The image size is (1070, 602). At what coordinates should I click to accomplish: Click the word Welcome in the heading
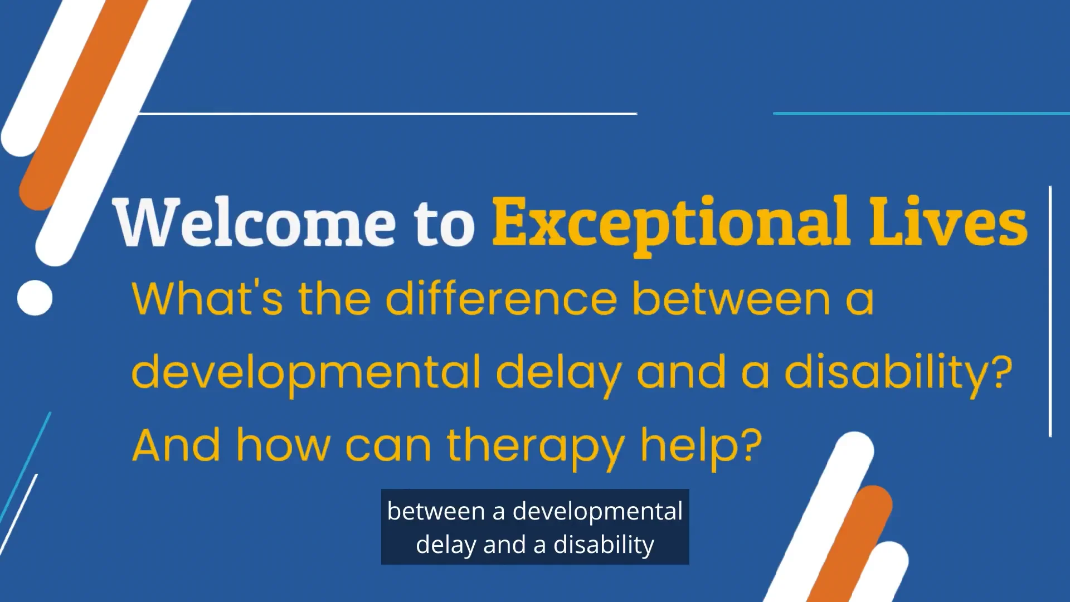tap(254, 222)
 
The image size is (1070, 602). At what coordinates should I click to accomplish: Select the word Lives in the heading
tap(948, 222)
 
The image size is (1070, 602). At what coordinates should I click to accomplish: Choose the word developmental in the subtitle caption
tap(597, 511)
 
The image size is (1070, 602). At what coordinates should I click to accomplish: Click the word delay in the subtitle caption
tap(446, 545)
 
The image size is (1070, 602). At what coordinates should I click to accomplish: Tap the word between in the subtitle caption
tap(436, 511)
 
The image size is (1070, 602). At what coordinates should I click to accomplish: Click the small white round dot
tap(35, 298)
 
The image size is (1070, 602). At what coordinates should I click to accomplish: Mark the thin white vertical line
tap(1050, 311)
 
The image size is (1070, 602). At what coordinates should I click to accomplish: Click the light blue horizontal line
tap(921, 113)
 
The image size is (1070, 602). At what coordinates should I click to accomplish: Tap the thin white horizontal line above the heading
tap(387, 113)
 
